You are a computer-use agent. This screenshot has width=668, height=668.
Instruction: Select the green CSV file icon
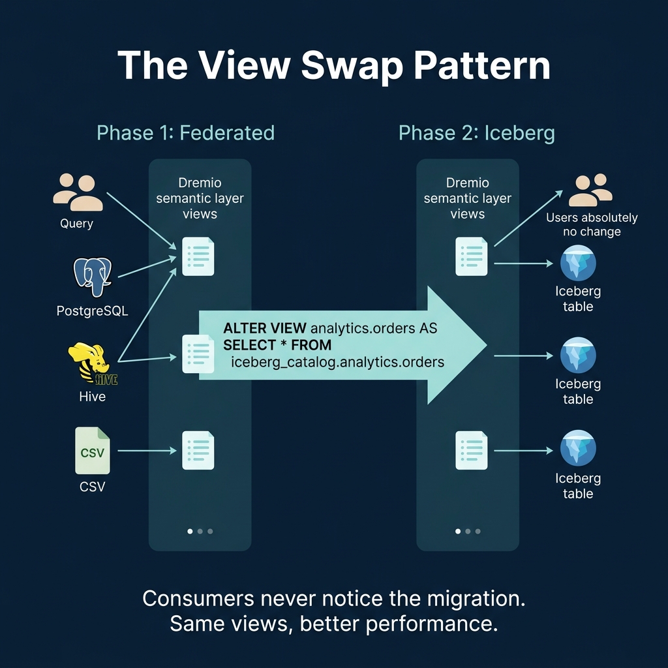click(x=93, y=450)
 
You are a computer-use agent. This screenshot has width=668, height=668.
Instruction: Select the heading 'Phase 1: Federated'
click(x=185, y=133)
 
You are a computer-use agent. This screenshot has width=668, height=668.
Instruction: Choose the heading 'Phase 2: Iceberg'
click(x=476, y=133)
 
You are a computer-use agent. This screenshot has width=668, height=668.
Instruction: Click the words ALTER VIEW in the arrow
click(x=266, y=328)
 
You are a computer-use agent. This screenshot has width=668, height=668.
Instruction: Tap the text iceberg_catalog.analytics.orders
click(x=337, y=361)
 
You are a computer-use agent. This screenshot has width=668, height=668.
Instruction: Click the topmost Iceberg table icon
click(x=578, y=264)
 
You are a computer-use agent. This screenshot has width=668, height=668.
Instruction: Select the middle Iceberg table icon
click(x=578, y=356)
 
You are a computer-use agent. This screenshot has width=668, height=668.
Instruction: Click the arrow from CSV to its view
click(x=147, y=450)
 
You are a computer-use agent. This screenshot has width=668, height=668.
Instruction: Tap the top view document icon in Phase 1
click(x=198, y=256)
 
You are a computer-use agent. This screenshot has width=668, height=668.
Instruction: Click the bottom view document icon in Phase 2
click(x=471, y=450)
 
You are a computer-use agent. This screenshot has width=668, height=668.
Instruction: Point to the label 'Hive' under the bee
click(x=92, y=397)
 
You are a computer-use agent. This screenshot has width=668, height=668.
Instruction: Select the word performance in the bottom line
click(x=428, y=624)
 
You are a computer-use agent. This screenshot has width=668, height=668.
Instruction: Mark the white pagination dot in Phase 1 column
click(x=190, y=531)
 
